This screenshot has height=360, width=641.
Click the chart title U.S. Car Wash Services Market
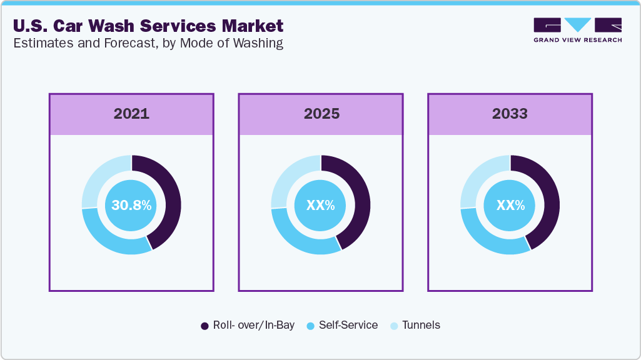(148, 26)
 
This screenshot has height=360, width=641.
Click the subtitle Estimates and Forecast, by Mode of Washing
(148, 43)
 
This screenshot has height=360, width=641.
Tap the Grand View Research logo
(577, 30)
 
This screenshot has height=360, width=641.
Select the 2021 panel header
(131, 114)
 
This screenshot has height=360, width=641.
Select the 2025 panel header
(321, 114)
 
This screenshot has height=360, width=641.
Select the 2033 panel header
(510, 114)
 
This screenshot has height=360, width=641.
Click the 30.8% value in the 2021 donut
(131, 205)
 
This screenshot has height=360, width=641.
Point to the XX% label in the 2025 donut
(321, 205)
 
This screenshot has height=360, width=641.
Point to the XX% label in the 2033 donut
(510, 205)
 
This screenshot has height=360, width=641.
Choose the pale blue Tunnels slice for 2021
(99, 177)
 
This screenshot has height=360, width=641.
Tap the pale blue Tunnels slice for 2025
(289, 177)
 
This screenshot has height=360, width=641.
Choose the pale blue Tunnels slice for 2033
(478, 177)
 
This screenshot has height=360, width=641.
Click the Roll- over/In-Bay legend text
(253, 325)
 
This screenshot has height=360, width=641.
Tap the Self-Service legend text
(348, 325)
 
